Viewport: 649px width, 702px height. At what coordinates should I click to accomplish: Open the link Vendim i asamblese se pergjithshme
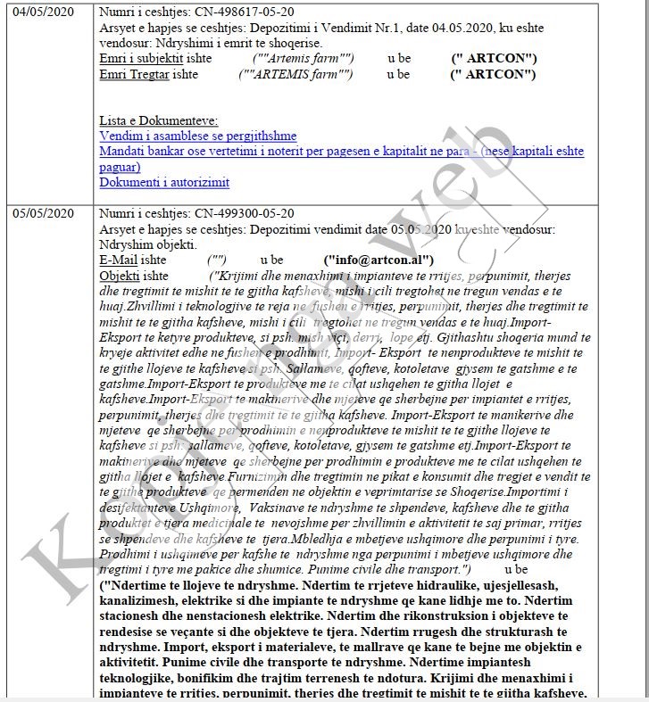point(198,136)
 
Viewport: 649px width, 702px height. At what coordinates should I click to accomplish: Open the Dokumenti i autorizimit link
point(164,182)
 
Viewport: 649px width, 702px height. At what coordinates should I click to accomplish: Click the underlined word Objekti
point(120,276)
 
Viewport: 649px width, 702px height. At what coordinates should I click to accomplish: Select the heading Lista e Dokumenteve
point(158,120)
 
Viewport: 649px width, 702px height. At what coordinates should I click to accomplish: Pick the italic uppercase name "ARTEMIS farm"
point(295,74)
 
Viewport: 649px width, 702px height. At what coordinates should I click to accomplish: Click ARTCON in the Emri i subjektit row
point(495,59)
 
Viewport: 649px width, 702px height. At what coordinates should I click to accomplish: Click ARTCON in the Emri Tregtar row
point(495,74)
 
